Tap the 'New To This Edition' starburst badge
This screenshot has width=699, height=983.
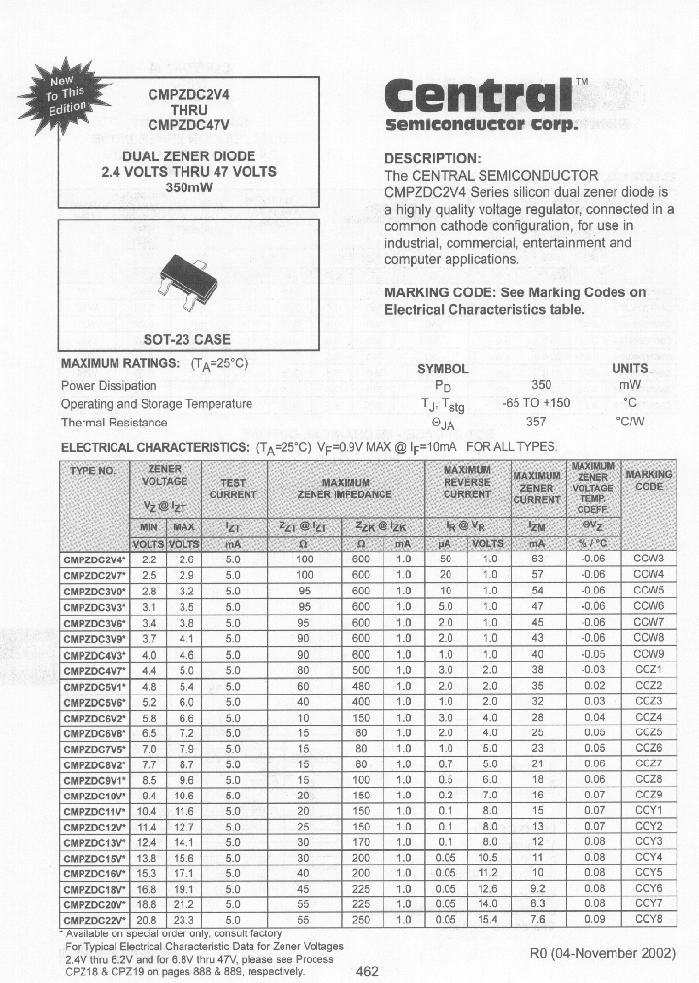pyautogui.click(x=70, y=88)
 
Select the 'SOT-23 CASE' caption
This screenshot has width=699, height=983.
pyautogui.click(x=186, y=340)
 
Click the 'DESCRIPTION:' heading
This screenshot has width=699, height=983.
pyautogui.click(x=432, y=159)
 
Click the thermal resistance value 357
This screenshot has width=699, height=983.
pyautogui.click(x=535, y=423)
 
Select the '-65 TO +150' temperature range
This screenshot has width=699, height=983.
pyautogui.click(x=536, y=404)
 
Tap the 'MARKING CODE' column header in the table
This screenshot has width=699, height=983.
pyautogui.click(x=649, y=481)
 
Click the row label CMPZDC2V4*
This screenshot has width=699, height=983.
pyautogui.click(x=94, y=559)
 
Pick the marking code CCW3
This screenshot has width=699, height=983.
pyautogui.click(x=648, y=559)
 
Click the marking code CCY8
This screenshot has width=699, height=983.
pyautogui.click(x=648, y=919)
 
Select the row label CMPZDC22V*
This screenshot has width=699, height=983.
pyautogui.click(x=94, y=919)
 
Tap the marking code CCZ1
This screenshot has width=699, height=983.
pyautogui.click(x=648, y=669)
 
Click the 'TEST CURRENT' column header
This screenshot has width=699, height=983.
pyautogui.click(x=233, y=489)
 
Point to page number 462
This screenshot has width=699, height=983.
pyautogui.click(x=368, y=970)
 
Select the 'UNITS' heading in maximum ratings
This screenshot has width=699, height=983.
pyautogui.click(x=629, y=369)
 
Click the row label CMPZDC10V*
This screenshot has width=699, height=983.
pyautogui.click(x=94, y=795)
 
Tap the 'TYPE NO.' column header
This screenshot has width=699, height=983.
pyautogui.click(x=93, y=471)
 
